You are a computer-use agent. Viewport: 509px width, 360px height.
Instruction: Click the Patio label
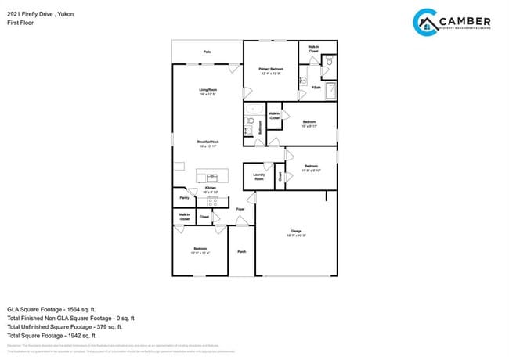[x=208, y=52]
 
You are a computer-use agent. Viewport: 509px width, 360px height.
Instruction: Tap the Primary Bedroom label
[x=271, y=69]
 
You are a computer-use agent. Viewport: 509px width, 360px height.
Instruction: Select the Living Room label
[x=208, y=91]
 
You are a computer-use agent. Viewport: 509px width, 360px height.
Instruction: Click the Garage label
[x=296, y=231]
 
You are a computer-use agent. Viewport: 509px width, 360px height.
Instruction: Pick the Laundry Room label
[x=258, y=177]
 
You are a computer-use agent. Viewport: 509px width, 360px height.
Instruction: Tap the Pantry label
[x=184, y=198]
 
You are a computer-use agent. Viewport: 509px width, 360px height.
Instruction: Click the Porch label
[x=242, y=252]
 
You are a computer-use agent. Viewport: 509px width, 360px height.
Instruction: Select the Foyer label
[x=241, y=209]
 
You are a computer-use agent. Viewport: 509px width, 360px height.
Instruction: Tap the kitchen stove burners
[x=212, y=202]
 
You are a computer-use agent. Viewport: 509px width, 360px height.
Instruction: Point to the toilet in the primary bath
[x=330, y=59]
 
